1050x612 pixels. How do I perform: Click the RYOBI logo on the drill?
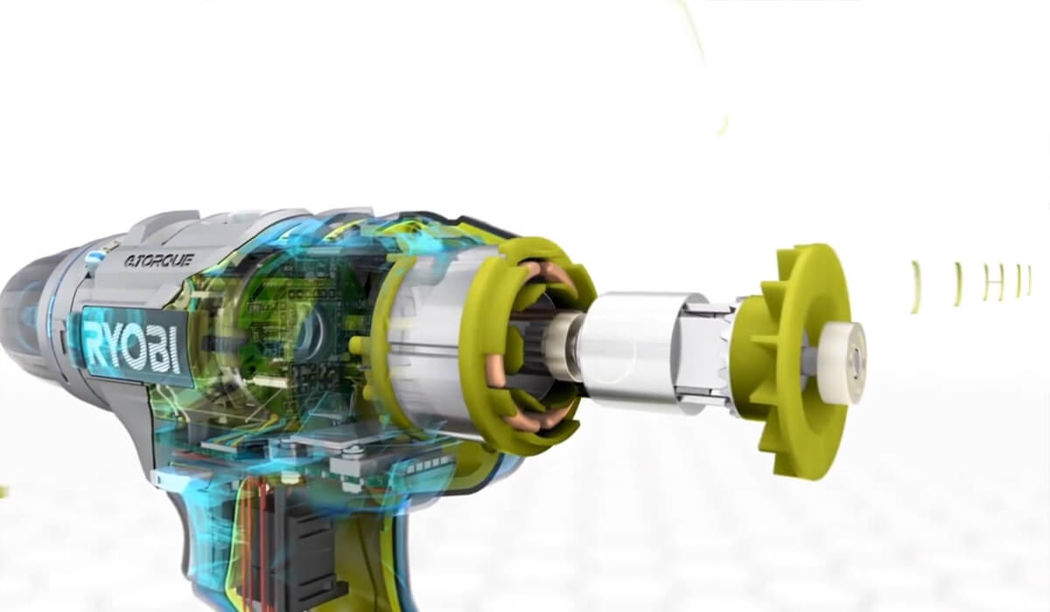point(133,347)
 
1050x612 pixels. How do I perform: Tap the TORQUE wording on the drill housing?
point(159,261)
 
